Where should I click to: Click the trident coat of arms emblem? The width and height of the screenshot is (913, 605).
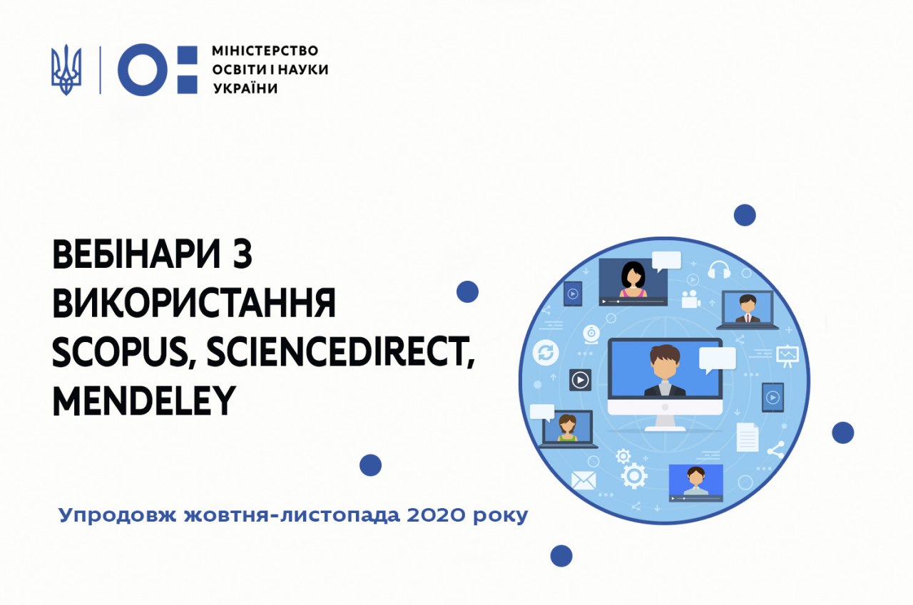(66, 70)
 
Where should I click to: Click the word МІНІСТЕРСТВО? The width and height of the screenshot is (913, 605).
(265, 51)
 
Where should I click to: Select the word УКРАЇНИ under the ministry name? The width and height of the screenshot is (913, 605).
(245, 88)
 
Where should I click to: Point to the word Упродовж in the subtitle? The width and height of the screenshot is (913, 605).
(118, 516)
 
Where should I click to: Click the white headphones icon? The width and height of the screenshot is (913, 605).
(719, 269)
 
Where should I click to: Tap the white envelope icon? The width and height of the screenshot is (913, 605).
(583, 480)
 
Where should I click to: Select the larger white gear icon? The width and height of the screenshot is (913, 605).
(634, 475)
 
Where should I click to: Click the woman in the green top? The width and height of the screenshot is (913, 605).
(567, 428)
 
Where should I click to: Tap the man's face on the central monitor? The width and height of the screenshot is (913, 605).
(665, 365)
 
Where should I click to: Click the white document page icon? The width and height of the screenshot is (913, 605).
(748, 438)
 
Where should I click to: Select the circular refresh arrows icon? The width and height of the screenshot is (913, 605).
(546, 353)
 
